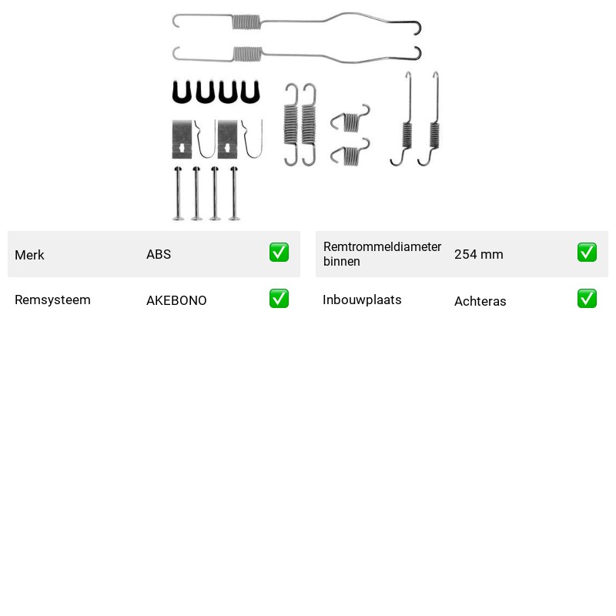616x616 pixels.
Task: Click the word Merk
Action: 29,255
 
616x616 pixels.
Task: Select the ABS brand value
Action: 159,254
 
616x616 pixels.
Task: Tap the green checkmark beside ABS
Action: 279,253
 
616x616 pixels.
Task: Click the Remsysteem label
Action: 52,300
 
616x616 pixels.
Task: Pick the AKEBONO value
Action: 176,300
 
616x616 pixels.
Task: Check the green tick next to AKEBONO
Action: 279,299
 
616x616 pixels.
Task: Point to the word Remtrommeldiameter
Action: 382,246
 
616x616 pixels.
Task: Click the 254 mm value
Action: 478,254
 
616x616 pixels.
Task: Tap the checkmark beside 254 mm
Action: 587,253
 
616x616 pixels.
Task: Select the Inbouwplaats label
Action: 362,300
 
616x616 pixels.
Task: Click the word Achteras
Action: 480,301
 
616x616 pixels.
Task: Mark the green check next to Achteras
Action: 587,299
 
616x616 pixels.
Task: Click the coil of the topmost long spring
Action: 246,22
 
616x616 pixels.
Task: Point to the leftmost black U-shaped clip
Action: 182,92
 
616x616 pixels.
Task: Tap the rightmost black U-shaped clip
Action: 250,92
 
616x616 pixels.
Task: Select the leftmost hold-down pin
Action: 178,193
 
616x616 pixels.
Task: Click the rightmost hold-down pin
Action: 234,193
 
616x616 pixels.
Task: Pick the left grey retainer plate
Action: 182,139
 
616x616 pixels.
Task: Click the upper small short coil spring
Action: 350,119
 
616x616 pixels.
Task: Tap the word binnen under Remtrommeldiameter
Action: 341,261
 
